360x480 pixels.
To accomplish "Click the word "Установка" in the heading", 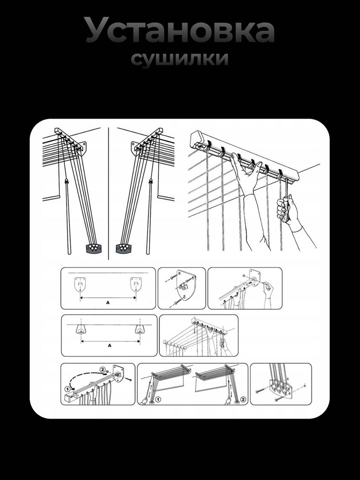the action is click(180, 30).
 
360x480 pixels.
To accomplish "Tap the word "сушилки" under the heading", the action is click(180, 59).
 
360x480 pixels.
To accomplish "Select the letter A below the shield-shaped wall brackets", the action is click(108, 303).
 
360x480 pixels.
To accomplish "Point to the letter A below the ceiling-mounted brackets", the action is click(109, 346).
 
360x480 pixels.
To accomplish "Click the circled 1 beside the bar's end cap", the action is click(67, 389).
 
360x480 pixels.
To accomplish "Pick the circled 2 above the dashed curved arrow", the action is click(103, 370).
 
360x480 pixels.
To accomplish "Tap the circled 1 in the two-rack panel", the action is click(158, 399).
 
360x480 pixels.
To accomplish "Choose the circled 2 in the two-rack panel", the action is click(243, 399).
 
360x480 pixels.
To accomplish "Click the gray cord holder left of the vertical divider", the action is click(94, 248).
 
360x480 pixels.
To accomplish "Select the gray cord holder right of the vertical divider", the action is click(123, 248).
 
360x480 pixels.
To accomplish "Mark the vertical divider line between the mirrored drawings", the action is click(108, 193).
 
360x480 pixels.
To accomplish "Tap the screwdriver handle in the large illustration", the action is click(284, 209).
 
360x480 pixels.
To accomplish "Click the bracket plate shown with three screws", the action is click(185, 285).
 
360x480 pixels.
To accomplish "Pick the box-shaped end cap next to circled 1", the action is click(69, 397).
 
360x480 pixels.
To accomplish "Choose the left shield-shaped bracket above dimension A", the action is click(80, 284).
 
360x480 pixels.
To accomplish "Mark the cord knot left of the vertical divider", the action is click(66, 181).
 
